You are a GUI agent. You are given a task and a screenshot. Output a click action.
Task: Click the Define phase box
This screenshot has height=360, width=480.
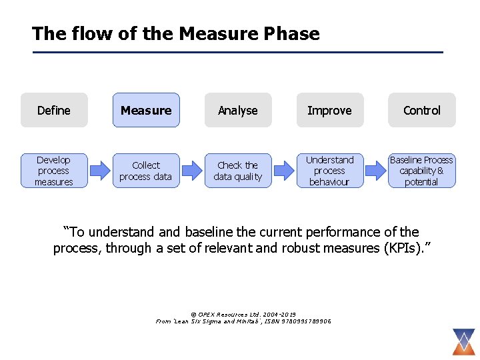click(54, 110)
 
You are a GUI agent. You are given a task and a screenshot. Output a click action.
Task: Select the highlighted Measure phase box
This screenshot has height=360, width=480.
click(146, 110)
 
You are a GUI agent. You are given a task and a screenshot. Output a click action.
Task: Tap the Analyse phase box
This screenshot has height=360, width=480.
click(238, 110)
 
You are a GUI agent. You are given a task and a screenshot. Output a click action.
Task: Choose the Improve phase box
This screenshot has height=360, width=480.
click(330, 110)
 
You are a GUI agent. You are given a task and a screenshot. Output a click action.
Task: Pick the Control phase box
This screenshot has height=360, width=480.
click(422, 110)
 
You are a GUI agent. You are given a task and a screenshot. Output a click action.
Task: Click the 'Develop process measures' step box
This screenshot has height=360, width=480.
click(54, 171)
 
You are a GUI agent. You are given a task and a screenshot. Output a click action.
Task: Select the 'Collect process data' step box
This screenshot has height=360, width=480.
click(146, 171)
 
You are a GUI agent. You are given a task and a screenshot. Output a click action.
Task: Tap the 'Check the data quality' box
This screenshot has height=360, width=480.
click(238, 171)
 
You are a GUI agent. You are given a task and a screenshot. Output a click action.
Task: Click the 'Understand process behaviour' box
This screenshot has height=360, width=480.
click(330, 171)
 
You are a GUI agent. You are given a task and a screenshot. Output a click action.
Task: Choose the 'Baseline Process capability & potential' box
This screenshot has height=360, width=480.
click(422, 171)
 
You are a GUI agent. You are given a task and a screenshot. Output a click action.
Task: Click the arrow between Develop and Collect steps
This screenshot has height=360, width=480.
click(100, 171)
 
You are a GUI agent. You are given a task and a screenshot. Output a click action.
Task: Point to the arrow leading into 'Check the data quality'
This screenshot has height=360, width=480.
click(192, 171)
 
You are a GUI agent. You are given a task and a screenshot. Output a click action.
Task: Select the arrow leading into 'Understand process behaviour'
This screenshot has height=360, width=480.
click(284, 171)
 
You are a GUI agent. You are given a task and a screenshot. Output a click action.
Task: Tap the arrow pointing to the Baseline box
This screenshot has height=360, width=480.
click(376, 171)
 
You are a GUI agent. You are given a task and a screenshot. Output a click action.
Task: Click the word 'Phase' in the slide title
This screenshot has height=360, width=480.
click(291, 33)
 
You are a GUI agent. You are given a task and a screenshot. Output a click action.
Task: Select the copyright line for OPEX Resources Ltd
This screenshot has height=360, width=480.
click(243, 314)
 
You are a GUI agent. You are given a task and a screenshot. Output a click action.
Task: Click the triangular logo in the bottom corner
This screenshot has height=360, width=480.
click(462, 341)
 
